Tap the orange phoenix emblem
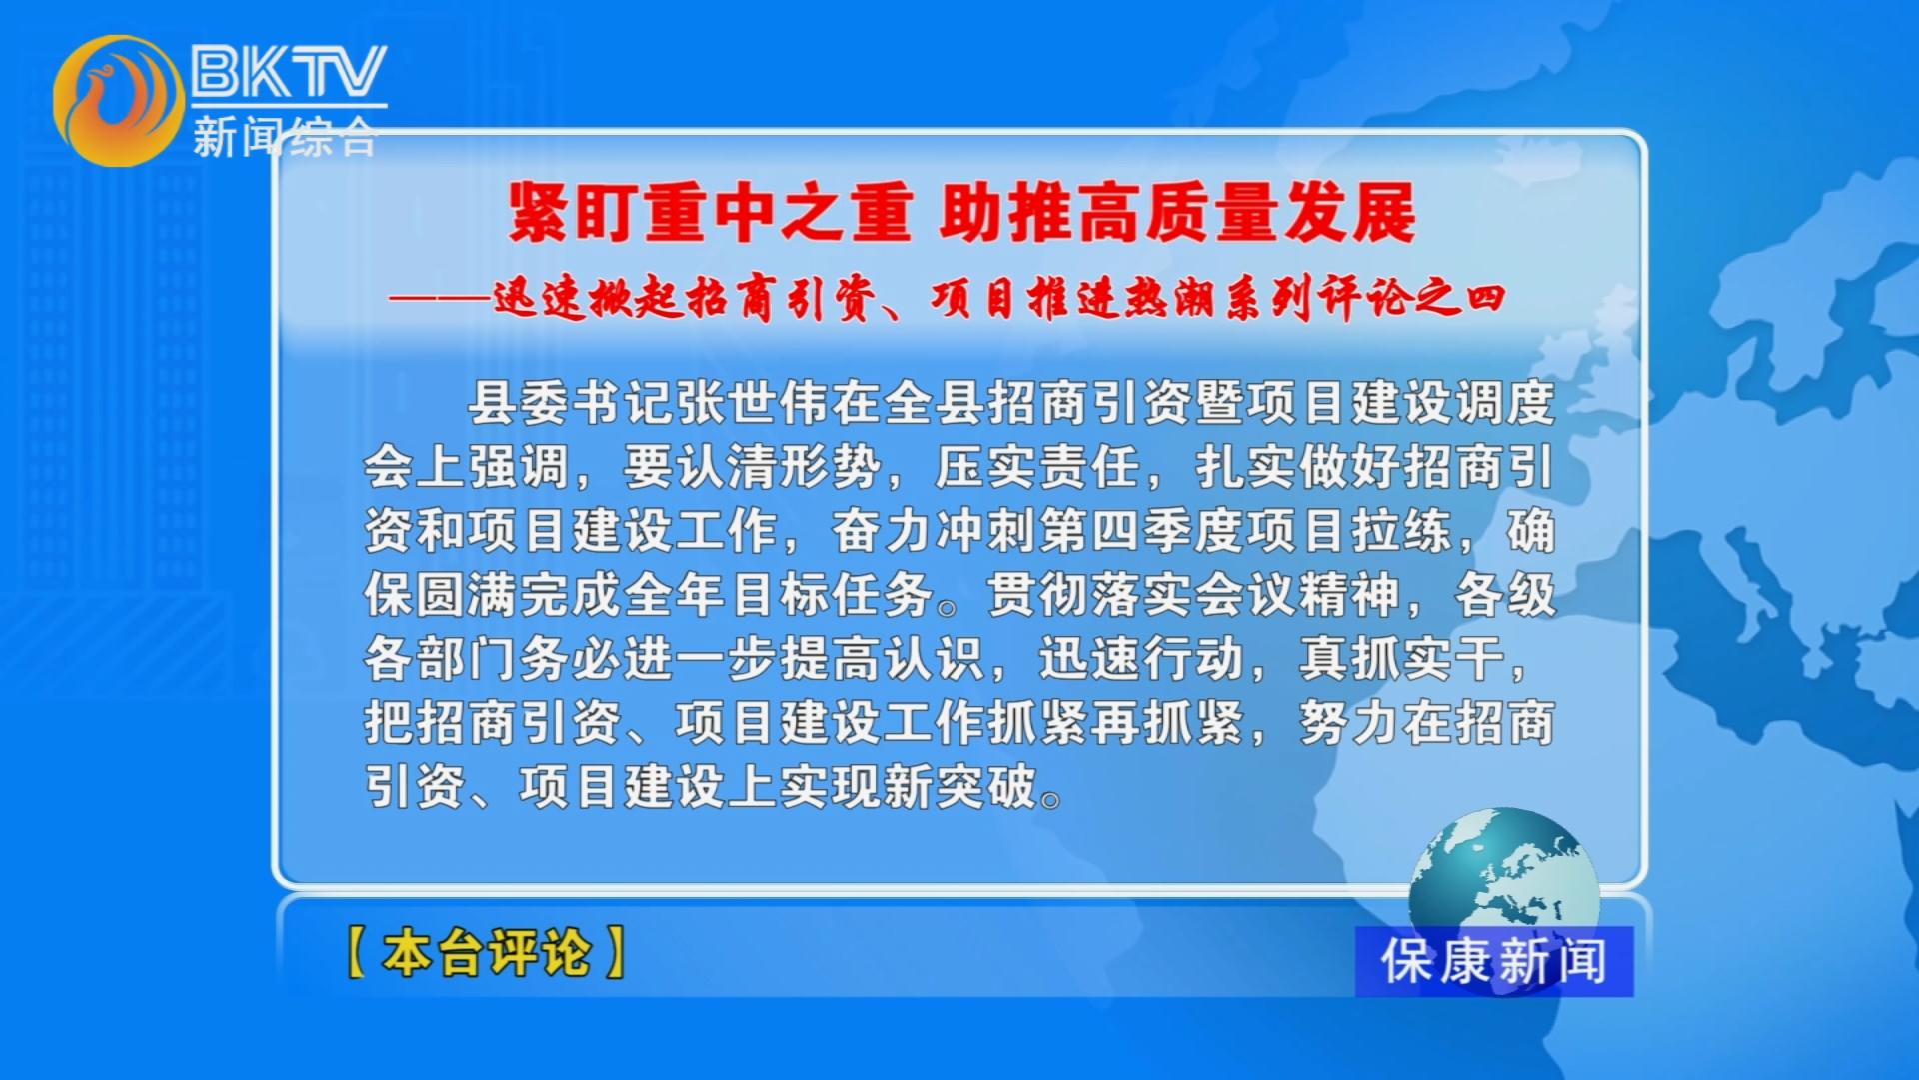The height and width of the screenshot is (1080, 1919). (118, 100)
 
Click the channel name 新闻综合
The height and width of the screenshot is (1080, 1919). (285, 136)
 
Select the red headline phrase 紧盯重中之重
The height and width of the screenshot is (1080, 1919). (711, 212)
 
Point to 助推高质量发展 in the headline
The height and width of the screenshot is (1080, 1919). (1177, 212)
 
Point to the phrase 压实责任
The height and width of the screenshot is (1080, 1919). (1037, 466)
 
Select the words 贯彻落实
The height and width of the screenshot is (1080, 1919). (1089, 594)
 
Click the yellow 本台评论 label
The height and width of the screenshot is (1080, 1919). (487, 951)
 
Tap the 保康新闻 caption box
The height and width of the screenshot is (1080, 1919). (1494, 961)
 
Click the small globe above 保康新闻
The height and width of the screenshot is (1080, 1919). (1504, 870)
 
